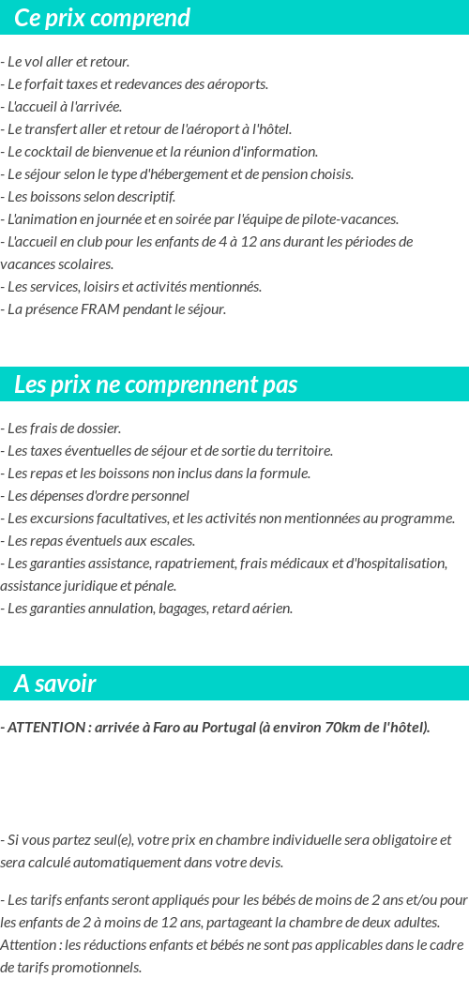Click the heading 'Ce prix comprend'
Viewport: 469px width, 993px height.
coord(102,18)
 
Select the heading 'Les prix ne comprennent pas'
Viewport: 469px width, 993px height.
coord(156,384)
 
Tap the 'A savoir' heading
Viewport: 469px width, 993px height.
coord(54,684)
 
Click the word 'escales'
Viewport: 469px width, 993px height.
coord(172,541)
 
